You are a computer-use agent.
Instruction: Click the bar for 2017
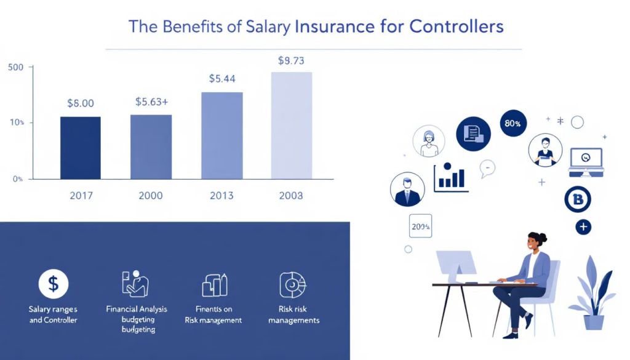(81, 148)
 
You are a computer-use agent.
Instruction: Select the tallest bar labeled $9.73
(292, 126)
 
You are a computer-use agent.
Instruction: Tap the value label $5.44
(221, 79)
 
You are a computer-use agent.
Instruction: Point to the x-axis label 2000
(151, 196)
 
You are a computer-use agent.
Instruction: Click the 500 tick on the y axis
(16, 67)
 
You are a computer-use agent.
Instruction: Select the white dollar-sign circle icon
(54, 284)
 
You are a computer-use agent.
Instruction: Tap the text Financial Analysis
(137, 309)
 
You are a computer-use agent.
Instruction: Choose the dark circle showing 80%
(512, 124)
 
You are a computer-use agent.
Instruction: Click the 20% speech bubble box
(421, 226)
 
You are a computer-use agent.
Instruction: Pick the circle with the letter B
(577, 199)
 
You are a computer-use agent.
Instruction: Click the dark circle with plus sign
(583, 227)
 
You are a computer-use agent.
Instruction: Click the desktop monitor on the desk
(456, 263)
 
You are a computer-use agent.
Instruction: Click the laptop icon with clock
(586, 159)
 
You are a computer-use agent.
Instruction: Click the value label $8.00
(80, 103)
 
